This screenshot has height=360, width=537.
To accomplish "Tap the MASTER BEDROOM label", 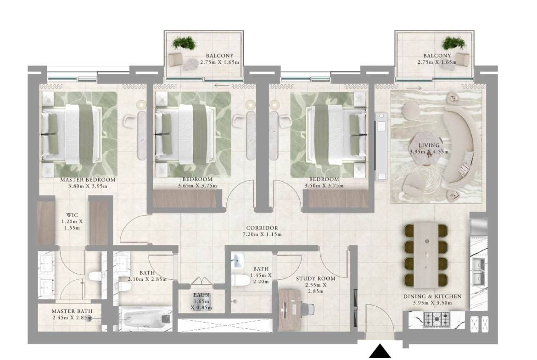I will click(x=88, y=180).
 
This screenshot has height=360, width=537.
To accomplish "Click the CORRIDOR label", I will click(x=262, y=228).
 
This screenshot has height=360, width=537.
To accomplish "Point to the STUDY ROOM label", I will click(x=315, y=278).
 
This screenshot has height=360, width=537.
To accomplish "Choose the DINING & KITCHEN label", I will click(x=432, y=296).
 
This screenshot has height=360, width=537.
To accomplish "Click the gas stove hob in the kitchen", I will click(x=434, y=317).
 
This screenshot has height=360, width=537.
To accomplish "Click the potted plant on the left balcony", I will click(x=184, y=43).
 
